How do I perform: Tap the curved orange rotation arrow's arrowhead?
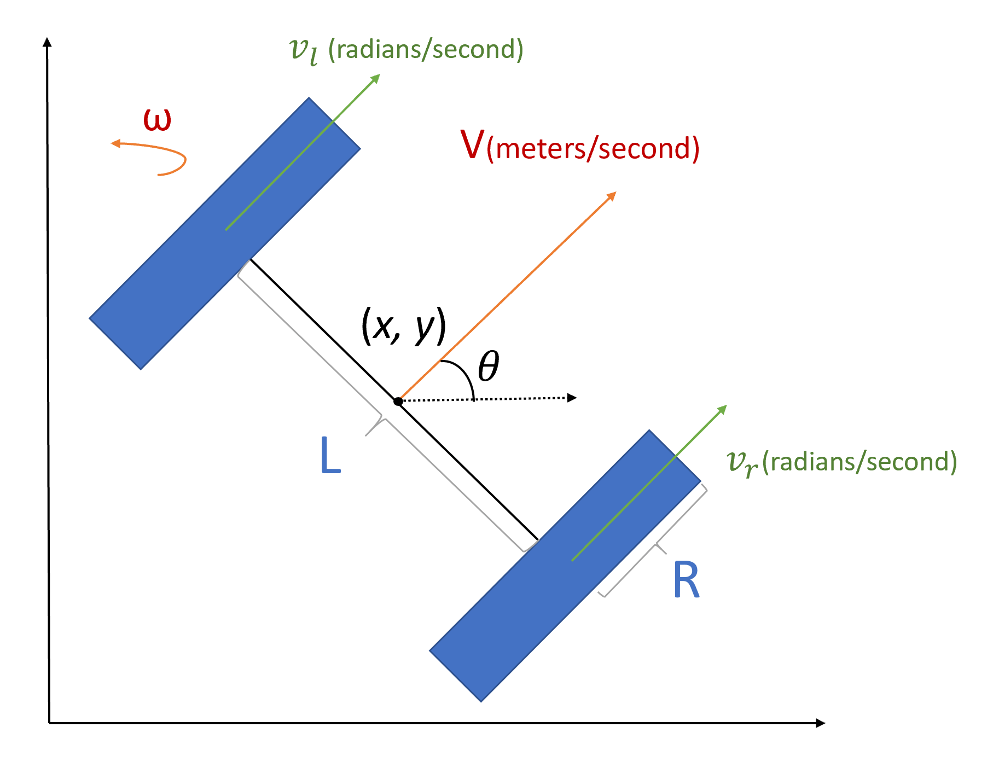pos(115,144)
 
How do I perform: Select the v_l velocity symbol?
pos(304,51)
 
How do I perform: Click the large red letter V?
pos(472,145)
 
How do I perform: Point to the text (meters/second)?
pos(593,149)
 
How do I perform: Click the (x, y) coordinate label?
pos(404,327)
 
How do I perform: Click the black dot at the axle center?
pos(398,402)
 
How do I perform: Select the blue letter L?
pos(330,456)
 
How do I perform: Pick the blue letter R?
pos(686,581)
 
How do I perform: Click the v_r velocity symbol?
pos(742,463)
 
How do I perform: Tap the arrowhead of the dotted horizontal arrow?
pos(572,398)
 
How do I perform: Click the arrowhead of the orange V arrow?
pos(612,196)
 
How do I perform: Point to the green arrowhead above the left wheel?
pos(375,78)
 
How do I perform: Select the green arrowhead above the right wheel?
pos(722,409)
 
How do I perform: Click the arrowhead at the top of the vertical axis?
pos(48,42)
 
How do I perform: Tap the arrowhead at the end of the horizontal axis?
pos(820,723)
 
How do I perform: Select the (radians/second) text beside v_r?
pos(860,462)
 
